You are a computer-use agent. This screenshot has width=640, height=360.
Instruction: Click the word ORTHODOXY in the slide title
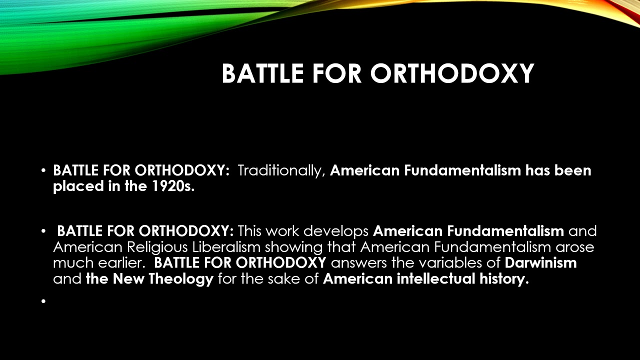click(x=452, y=73)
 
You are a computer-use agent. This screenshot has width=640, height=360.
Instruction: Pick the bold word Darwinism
click(x=541, y=262)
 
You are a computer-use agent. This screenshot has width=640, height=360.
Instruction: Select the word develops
click(x=336, y=231)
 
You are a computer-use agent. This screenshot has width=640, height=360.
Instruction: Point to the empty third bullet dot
click(x=44, y=301)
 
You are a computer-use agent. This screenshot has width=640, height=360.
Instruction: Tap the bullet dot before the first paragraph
click(x=44, y=171)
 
